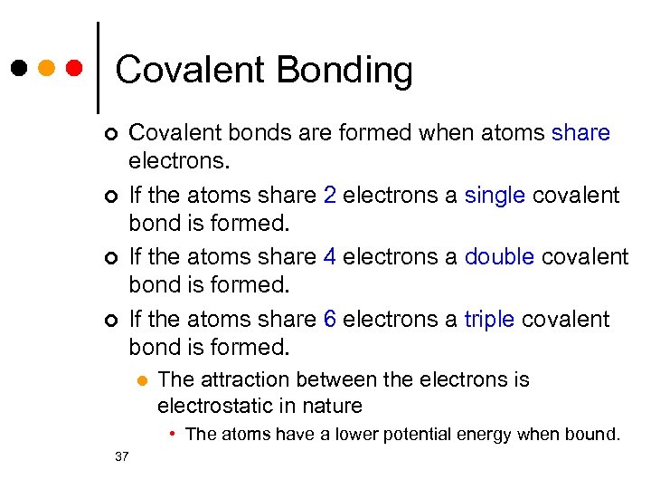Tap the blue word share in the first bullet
point(580,133)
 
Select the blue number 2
point(332,195)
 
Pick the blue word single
point(494,195)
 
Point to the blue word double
point(499,256)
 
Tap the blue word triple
point(489,319)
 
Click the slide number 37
point(123,455)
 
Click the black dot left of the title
point(19,68)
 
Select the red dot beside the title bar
point(76,68)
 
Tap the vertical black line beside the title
point(97,68)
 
